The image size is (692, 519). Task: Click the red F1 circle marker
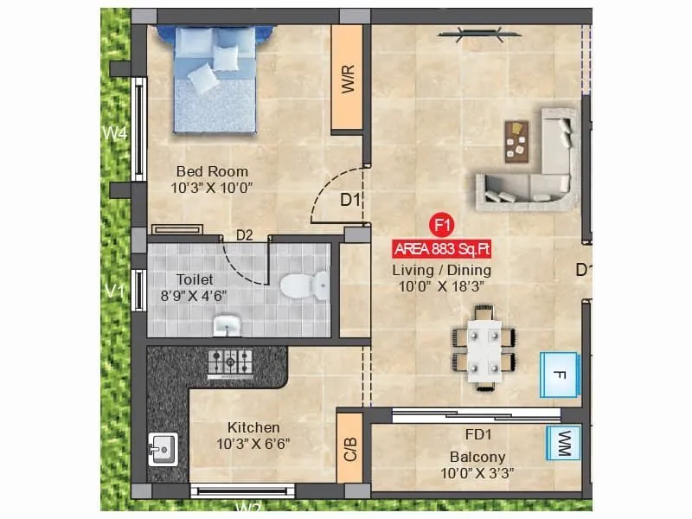[442, 226]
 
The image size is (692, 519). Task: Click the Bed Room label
[212, 171]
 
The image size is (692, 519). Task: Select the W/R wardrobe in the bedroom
[347, 78]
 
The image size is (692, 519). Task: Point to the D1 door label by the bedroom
[349, 201]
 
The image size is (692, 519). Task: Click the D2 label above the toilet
[245, 234]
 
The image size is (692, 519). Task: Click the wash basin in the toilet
[227, 325]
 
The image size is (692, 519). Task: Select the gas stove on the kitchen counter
[230, 362]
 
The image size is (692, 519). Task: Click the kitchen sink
[162, 448]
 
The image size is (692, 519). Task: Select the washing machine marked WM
[564, 443]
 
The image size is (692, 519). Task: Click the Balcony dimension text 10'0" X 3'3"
[477, 473]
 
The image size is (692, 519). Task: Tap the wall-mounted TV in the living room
[477, 34]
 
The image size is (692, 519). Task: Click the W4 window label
[115, 134]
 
